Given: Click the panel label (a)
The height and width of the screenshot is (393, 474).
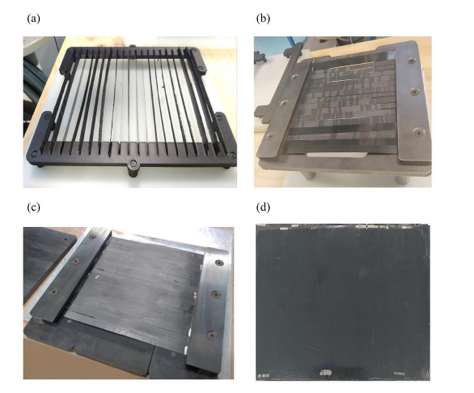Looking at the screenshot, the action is (x=33, y=19).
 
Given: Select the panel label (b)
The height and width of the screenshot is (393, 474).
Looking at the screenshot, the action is (x=263, y=19).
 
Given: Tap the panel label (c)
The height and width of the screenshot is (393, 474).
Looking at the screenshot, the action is (x=33, y=207).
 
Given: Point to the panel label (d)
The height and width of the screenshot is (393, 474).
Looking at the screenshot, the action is (x=263, y=207).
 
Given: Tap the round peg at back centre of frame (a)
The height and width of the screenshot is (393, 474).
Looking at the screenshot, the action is (x=132, y=46).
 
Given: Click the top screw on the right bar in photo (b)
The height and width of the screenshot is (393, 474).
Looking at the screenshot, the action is (x=411, y=61).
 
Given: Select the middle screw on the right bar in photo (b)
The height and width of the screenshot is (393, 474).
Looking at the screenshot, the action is (x=415, y=91).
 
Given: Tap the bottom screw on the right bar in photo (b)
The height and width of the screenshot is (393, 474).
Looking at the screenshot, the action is (x=418, y=133).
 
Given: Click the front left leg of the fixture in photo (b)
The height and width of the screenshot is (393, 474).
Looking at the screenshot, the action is (x=310, y=175).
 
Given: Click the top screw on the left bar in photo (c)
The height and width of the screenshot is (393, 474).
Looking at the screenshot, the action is (x=92, y=237).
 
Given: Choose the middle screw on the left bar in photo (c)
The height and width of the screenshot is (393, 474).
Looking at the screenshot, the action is (x=76, y=261).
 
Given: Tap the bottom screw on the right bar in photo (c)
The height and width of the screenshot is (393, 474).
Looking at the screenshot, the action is (x=211, y=335).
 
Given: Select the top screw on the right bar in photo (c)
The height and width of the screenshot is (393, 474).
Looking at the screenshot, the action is (x=219, y=264).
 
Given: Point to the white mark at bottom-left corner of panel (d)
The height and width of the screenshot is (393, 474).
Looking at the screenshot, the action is (x=264, y=376).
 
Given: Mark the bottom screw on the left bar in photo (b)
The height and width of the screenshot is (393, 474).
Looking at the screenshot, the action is (x=270, y=136).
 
